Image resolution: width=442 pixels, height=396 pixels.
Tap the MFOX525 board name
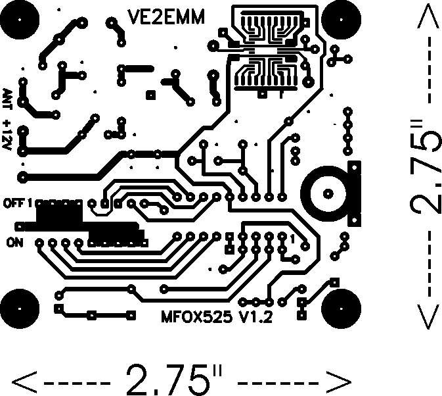tap(195, 318)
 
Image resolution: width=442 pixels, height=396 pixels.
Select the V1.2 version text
tap(255, 318)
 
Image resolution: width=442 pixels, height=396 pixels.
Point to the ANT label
tap(7, 100)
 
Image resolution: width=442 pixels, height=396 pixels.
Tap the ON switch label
tap(14, 243)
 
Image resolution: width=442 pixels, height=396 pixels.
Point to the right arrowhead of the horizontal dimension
tap(341, 380)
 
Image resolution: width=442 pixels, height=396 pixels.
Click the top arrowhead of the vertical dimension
tap(428, 18)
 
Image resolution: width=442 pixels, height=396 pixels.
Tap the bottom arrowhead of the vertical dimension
tap(428, 318)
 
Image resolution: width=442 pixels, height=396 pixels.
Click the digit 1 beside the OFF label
tap(30, 202)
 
